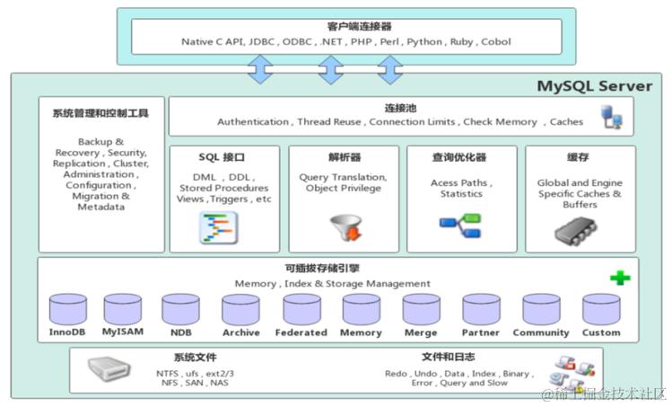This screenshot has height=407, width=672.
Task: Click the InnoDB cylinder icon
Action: [68, 309]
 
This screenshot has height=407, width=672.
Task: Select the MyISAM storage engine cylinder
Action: [122, 309]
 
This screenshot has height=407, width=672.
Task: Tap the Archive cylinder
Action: [240, 309]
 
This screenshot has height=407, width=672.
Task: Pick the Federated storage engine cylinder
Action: [301, 309]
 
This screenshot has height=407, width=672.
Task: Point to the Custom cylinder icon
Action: [600, 309]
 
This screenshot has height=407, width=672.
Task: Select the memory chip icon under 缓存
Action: [580, 231]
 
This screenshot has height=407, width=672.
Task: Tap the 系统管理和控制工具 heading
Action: [100, 113]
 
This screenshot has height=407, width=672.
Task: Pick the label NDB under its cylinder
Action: [179, 332]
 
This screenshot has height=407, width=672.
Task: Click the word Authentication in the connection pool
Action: [252, 121]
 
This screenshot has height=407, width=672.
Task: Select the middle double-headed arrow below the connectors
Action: [331, 69]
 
